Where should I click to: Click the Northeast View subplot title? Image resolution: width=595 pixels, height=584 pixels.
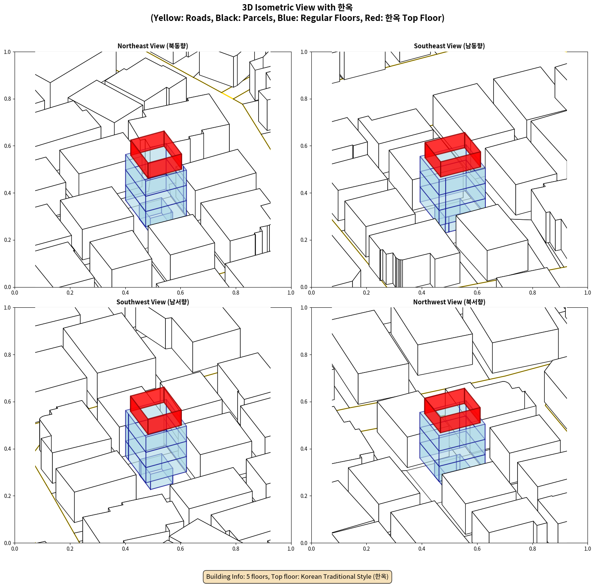click(153, 46)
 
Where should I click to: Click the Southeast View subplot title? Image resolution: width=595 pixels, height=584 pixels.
click(449, 46)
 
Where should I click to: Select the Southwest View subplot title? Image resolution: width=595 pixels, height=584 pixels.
click(153, 302)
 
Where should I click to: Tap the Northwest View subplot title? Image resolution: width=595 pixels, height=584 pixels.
click(449, 302)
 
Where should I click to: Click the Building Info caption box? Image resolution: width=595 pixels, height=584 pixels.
click(297, 577)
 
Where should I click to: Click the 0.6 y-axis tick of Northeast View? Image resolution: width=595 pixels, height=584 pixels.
click(7, 146)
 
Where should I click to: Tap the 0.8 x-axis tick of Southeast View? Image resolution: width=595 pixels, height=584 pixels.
click(533, 293)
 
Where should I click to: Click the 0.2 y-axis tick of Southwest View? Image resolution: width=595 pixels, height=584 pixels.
click(7, 496)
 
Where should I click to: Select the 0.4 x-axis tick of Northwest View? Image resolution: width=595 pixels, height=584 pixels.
click(422, 549)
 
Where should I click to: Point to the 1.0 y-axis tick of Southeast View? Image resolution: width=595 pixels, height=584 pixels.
click(304, 52)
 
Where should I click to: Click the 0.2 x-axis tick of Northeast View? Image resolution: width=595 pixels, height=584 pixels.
click(70, 293)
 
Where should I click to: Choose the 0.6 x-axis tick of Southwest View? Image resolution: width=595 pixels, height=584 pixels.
click(180, 549)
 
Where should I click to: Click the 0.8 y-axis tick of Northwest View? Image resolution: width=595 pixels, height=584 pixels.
click(304, 355)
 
